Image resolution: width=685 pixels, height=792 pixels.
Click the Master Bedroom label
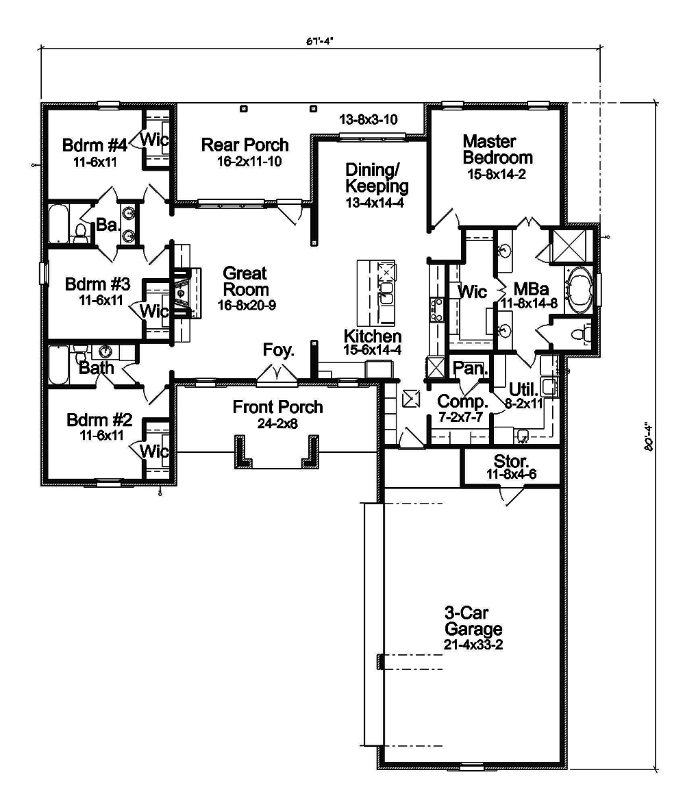[x=497, y=149]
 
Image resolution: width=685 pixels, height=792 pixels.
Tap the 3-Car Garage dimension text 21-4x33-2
[x=473, y=645]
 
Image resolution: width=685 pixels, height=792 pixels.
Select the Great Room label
[x=245, y=282]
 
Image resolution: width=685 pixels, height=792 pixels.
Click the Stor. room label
[x=512, y=460]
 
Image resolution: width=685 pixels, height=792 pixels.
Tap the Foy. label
[x=278, y=351]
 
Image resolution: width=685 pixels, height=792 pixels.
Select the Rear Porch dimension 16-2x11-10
[x=245, y=162]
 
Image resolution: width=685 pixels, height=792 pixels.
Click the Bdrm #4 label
[x=95, y=145]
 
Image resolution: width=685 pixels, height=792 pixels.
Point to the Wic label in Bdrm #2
[x=154, y=451]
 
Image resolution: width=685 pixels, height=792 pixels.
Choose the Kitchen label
[x=372, y=336]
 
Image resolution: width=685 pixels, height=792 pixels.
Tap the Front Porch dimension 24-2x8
[x=277, y=423]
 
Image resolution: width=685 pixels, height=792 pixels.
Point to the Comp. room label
[x=462, y=401]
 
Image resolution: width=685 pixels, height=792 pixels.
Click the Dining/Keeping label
[x=377, y=177]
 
